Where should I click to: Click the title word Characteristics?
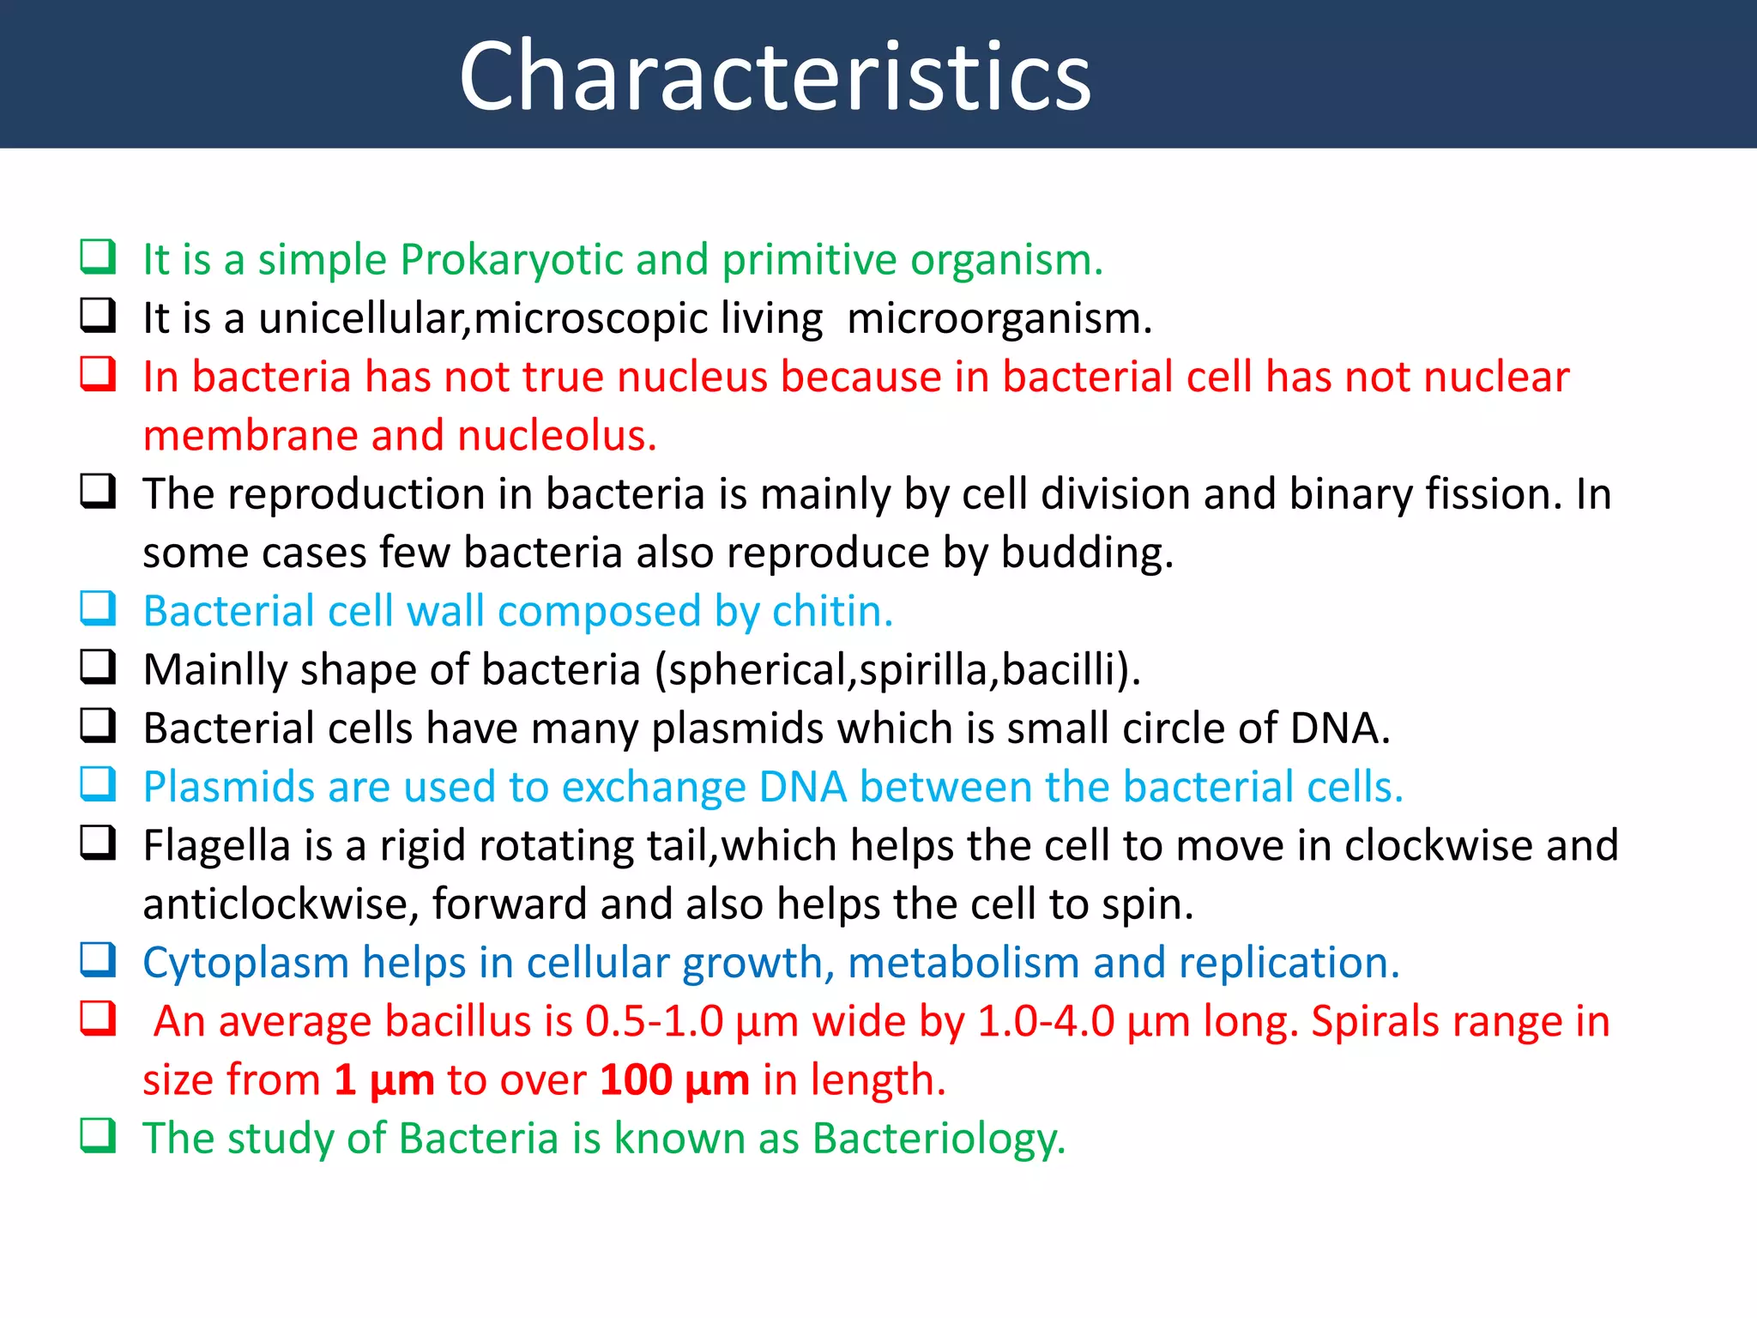(775, 77)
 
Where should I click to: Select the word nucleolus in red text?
(557, 436)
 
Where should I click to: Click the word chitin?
(832, 612)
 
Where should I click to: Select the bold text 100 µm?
(674, 1080)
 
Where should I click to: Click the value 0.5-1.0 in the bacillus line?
(654, 1022)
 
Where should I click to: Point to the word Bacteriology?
(939, 1139)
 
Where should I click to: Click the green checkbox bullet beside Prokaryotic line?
(98, 257)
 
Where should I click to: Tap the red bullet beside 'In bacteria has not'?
(98, 374)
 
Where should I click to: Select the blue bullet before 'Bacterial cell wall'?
(98, 608)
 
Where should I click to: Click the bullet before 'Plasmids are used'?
(98, 784)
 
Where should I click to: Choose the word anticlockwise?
(280, 904)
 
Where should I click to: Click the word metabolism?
(963, 963)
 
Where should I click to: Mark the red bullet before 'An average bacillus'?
(98, 1019)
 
